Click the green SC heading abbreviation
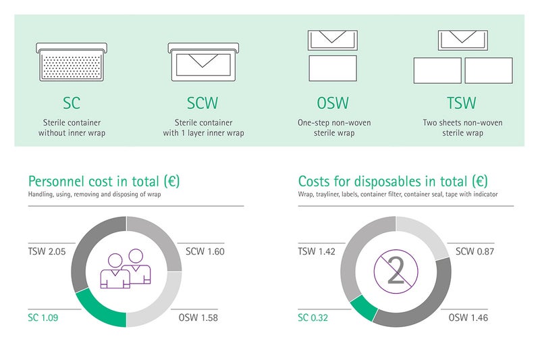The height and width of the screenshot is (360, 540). pos(72,103)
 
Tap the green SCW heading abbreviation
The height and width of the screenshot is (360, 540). pos(202,103)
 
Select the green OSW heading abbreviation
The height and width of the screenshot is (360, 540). pos(333,103)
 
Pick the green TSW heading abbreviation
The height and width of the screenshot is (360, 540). pos(462,103)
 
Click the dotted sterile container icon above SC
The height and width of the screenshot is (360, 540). pos(72,62)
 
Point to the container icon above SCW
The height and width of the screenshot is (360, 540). pos(203,62)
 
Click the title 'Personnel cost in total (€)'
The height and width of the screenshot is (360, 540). pos(104,181)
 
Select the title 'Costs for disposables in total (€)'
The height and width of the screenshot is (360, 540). pos(393,181)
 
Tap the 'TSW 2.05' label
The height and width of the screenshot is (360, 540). pos(47,251)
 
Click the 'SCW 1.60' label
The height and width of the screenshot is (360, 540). pos(205,251)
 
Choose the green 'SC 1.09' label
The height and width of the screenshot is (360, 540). pos(43,317)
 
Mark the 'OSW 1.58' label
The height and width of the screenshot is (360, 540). pos(198,317)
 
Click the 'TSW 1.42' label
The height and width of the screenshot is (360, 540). pos(317,251)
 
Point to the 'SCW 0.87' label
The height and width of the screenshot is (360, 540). pos(475,251)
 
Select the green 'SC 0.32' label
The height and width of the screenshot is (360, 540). pos(313,317)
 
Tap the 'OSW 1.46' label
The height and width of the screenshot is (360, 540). pos(468,317)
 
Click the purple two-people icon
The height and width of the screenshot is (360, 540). pos(126,269)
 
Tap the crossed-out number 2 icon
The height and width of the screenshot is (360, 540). pos(396,272)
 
